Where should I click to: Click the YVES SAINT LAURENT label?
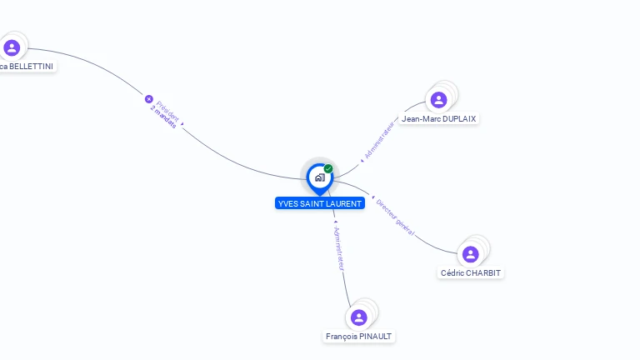[x=320, y=203]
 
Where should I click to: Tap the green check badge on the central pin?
[x=328, y=169]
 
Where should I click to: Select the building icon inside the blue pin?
[x=319, y=177]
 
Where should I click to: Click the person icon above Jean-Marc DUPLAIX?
[x=438, y=100]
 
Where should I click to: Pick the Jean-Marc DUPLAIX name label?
[x=439, y=119]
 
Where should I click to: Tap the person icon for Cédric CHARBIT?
[x=470, y=254]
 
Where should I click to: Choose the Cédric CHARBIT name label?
[x=472, y=272]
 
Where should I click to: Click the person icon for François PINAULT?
[x=359, y=317]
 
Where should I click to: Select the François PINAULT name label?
[x=359, y=337]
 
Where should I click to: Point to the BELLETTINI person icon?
[x=12, y=47]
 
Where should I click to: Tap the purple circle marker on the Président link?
[x=149, y=98]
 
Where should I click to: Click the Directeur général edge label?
[x=395, y=217]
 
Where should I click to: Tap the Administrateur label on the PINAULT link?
[x=338, y=247]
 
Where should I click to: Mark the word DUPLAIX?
[x=457, y=119]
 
